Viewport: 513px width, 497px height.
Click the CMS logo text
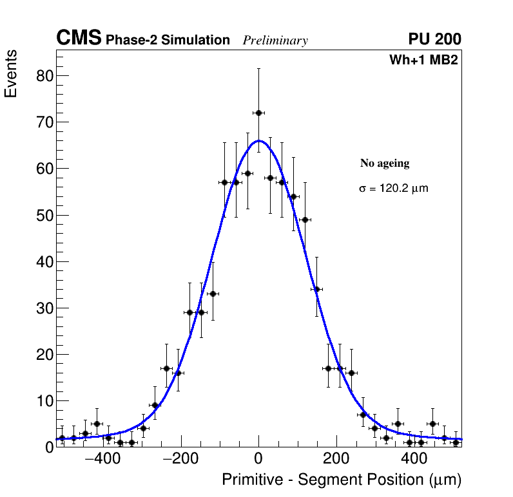79,39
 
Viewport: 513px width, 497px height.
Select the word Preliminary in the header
275,41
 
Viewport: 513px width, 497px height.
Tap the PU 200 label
434,39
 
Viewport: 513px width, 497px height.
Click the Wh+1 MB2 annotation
423,61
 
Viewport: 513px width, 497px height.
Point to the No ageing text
385,164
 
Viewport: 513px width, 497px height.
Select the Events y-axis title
11,73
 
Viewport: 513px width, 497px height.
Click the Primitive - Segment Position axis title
342,480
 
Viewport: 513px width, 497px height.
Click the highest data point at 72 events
258,113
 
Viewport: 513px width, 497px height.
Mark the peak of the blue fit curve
258,140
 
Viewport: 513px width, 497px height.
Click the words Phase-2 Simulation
168,41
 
